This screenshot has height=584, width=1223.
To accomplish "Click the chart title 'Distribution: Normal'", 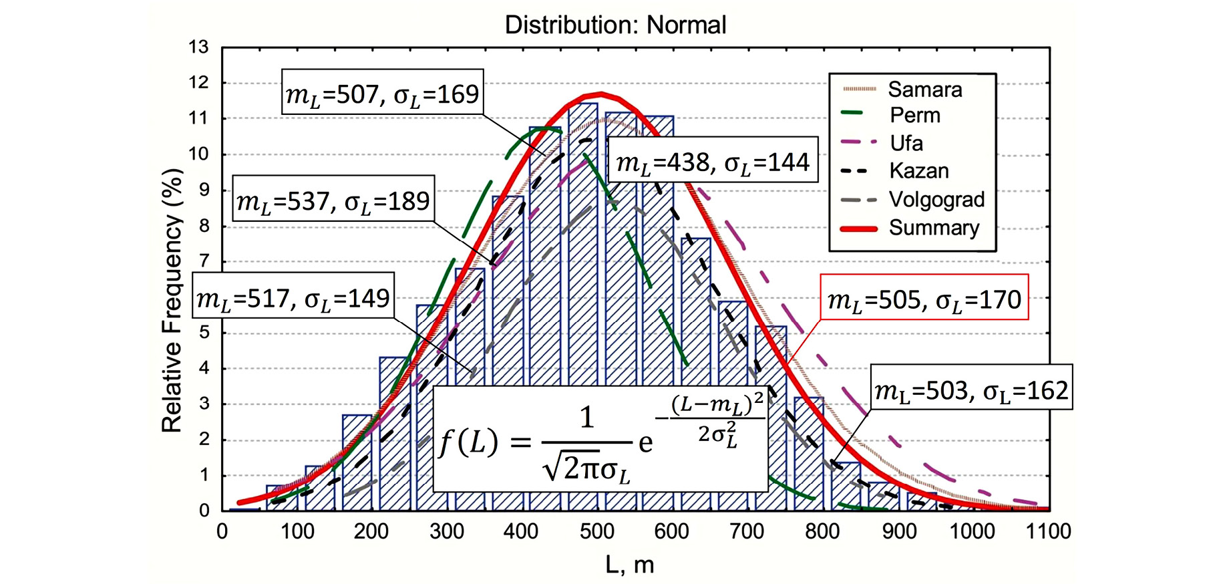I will tap(615, 25).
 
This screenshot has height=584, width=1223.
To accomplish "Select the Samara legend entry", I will tap(924, 90).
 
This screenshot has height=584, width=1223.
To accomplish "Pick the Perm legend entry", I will tap(914, 116).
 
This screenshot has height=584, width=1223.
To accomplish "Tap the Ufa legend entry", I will tap(906, 143).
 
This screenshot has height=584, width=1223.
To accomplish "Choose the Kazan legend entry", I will tap(918, 171).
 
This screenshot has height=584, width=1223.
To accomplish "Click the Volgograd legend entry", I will tap(936, 199).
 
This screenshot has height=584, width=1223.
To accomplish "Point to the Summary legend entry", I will tap(933, 228).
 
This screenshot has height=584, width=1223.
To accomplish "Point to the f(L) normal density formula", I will tap(600, 438).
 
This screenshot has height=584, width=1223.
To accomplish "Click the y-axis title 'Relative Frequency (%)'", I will tap(172, 301).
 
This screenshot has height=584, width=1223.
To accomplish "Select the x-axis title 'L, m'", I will tap(629, 565).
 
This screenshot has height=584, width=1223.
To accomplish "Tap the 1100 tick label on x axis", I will tap(1048, 532).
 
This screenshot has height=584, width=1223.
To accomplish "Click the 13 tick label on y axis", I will tap(198, 47).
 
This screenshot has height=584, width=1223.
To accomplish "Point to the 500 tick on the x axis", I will tap(596, 532).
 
